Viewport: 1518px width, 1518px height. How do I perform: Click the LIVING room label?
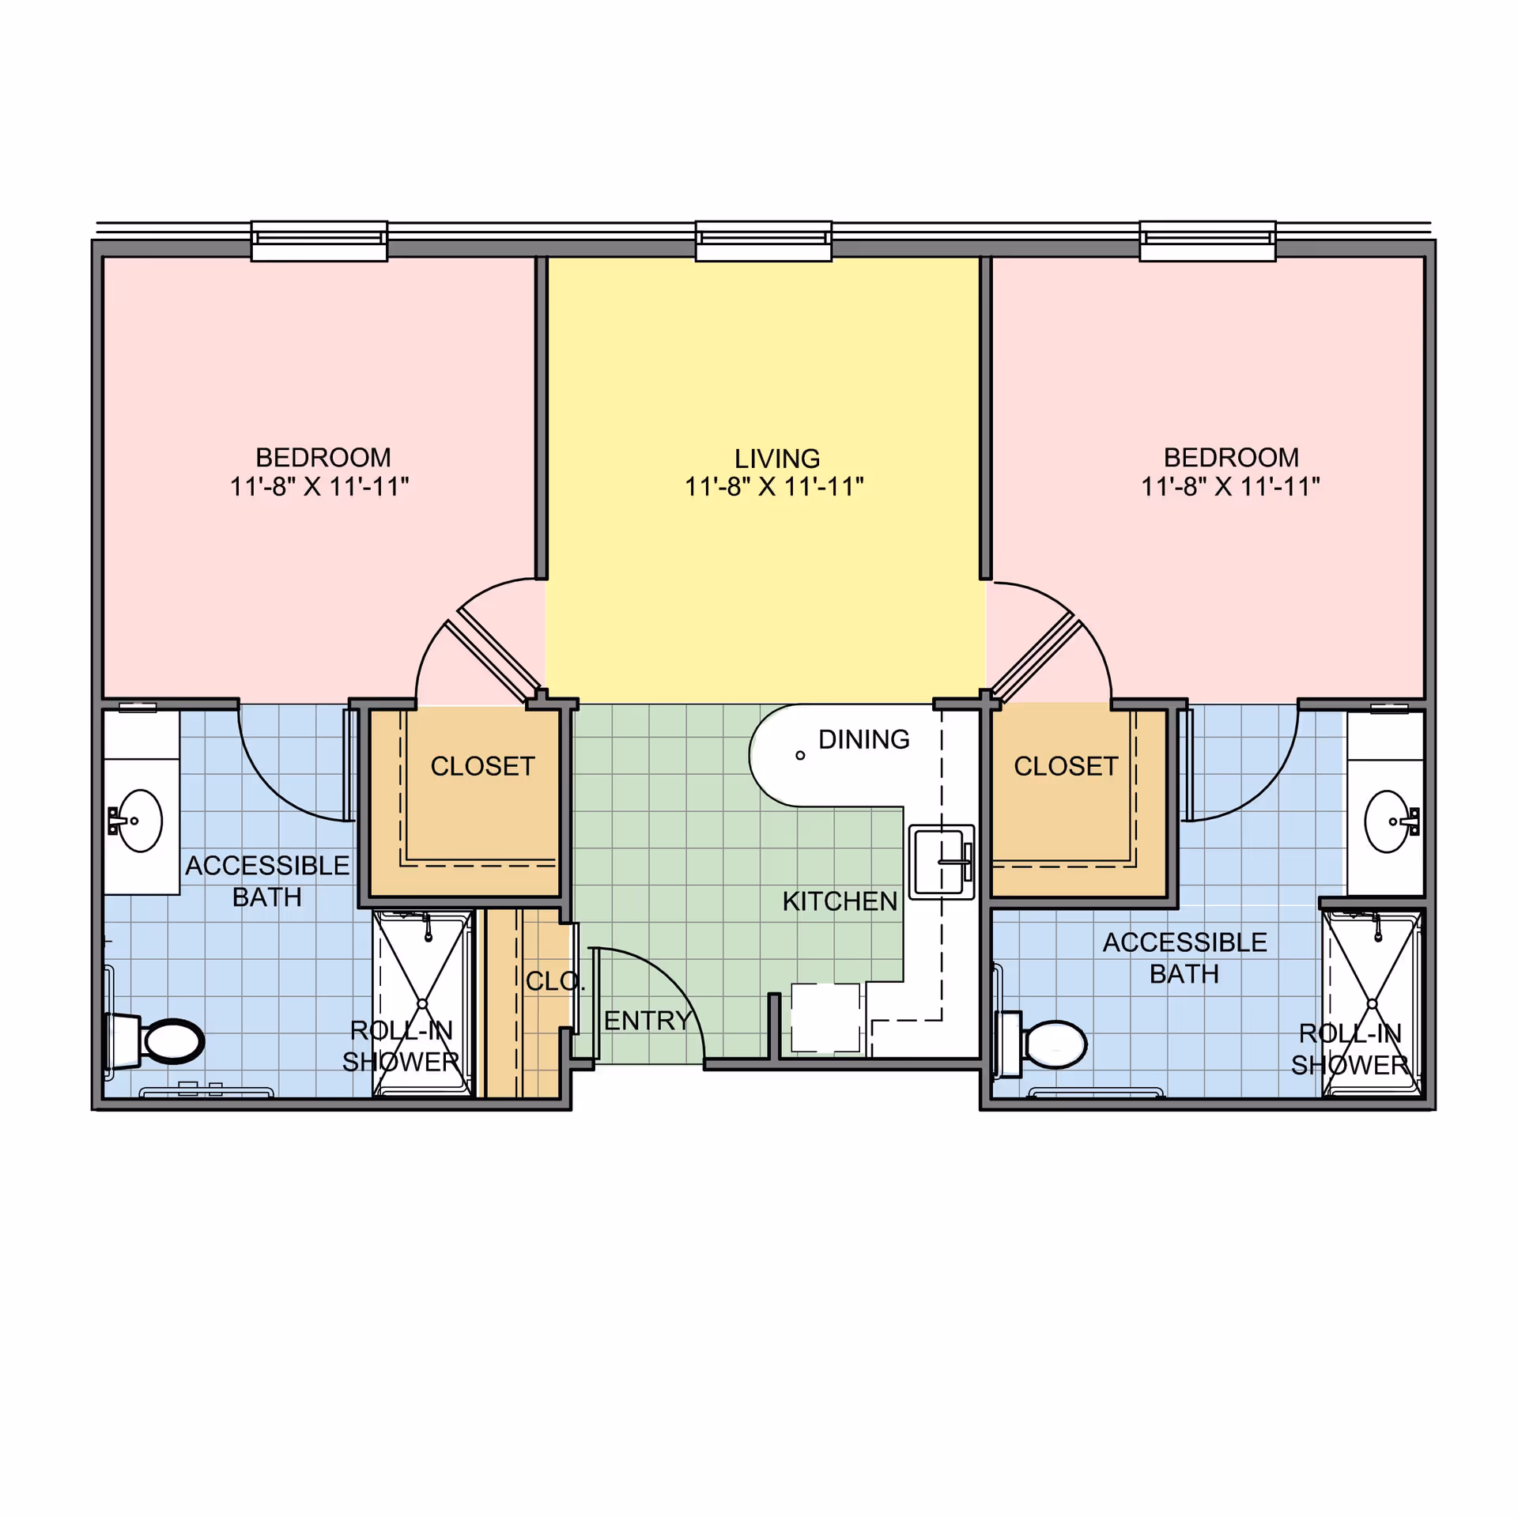tap(777, 459)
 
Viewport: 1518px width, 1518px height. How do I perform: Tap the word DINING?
tap(863, 739)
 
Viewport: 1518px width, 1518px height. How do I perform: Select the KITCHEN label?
tap(840, 901)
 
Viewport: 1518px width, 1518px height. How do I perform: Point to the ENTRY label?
tap(648, 1021)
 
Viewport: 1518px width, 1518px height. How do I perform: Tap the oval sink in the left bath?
tap(140, 821)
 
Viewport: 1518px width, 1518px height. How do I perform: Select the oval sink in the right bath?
tap(1387, 821)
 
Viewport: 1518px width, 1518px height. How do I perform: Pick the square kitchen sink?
tap(941, 862)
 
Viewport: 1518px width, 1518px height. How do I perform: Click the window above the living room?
tap(763, 241)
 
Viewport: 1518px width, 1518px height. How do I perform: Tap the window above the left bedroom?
tap(319, 241)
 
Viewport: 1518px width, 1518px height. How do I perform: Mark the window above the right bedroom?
tap(1207, 241)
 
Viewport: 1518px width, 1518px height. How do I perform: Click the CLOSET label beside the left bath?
tap(482, 766)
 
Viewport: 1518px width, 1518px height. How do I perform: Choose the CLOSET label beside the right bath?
tap(1066, 766)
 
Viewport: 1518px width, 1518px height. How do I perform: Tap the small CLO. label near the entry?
tap(555, 981)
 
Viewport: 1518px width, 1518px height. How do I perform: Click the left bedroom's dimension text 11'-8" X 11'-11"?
tap(319, 486)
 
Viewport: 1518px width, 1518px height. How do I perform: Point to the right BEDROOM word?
tap(1231, 458)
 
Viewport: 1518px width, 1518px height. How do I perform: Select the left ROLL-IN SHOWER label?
tap(401, 1046)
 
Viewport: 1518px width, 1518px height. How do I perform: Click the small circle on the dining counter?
tap(800, 756)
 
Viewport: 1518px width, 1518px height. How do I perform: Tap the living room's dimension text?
tap(774, 487)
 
